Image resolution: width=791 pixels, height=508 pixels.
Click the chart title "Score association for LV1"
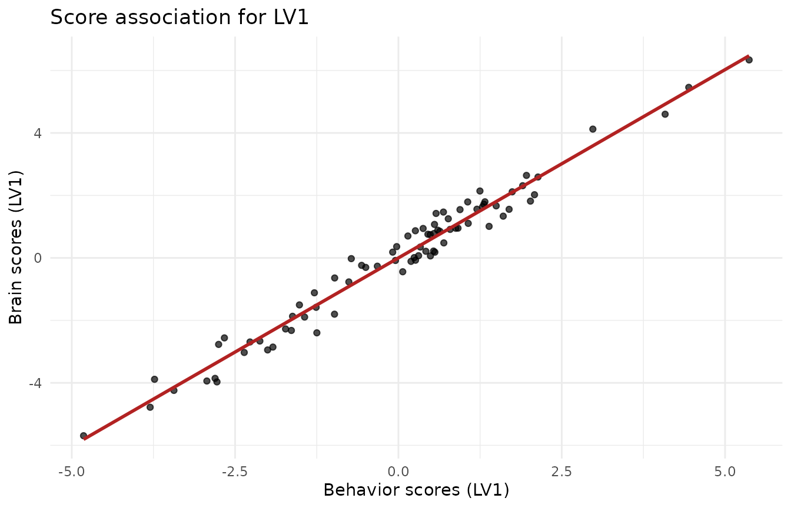[180, 18]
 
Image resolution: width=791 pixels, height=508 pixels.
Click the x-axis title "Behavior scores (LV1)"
[416, 490]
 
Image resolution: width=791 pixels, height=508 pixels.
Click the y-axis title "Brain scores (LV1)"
[16, 247]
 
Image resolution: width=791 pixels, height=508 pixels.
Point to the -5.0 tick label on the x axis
[72, 472]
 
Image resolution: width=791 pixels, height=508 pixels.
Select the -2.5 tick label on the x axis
[235, 472]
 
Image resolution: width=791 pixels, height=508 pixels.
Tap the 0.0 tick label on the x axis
[398, 472]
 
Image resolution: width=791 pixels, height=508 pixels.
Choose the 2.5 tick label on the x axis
[561, 472]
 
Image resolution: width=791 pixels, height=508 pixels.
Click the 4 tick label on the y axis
[38, 133]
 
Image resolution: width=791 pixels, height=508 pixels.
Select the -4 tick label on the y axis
[35, 383]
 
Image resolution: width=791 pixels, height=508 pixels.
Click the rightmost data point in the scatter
[749, 60]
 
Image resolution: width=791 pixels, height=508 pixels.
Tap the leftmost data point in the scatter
[84, 436]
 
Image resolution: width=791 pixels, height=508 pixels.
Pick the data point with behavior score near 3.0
[593, 129]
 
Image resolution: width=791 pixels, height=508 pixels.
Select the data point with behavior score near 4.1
[665, 114]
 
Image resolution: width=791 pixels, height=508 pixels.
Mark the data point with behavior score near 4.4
[689, 88]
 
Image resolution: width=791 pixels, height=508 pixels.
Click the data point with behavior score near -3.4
[174, 390]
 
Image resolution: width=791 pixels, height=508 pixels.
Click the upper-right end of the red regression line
[748, 56]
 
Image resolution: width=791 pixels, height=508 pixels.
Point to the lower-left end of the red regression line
[84, 439]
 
